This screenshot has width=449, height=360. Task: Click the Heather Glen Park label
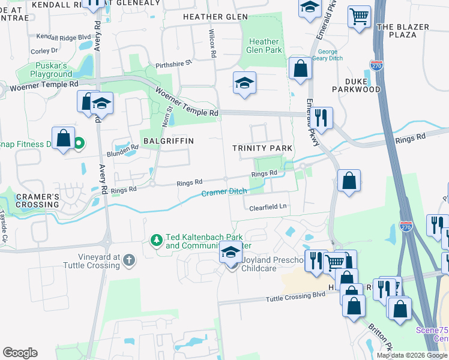pyautogui.click(x=264, y=46)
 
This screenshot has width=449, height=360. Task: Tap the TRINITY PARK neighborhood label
pyautogui.click(x=262, y=148)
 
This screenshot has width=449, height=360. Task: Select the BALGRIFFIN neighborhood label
pyautogui.click(x=168, y=140)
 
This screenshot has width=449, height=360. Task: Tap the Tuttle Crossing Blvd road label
pyautogui.click(x=295, y=298)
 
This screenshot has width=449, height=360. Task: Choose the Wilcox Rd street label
pyautogui.click(x=212, y=42)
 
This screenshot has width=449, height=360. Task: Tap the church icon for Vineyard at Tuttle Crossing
pyautogui.click(x=128, y=260)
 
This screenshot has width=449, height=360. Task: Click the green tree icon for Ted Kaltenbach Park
pyautogui.click(x=156, y=241)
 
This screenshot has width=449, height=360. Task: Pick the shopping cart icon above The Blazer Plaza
pyautogui.click(x=359, y=16)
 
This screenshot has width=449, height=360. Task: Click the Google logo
pyautogui.click(x=20, y=353)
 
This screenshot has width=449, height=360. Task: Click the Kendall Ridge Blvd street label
pyautogui.click(x=64, y=37)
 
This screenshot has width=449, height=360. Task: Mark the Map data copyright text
pyautogui.click(x=412, y=355)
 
